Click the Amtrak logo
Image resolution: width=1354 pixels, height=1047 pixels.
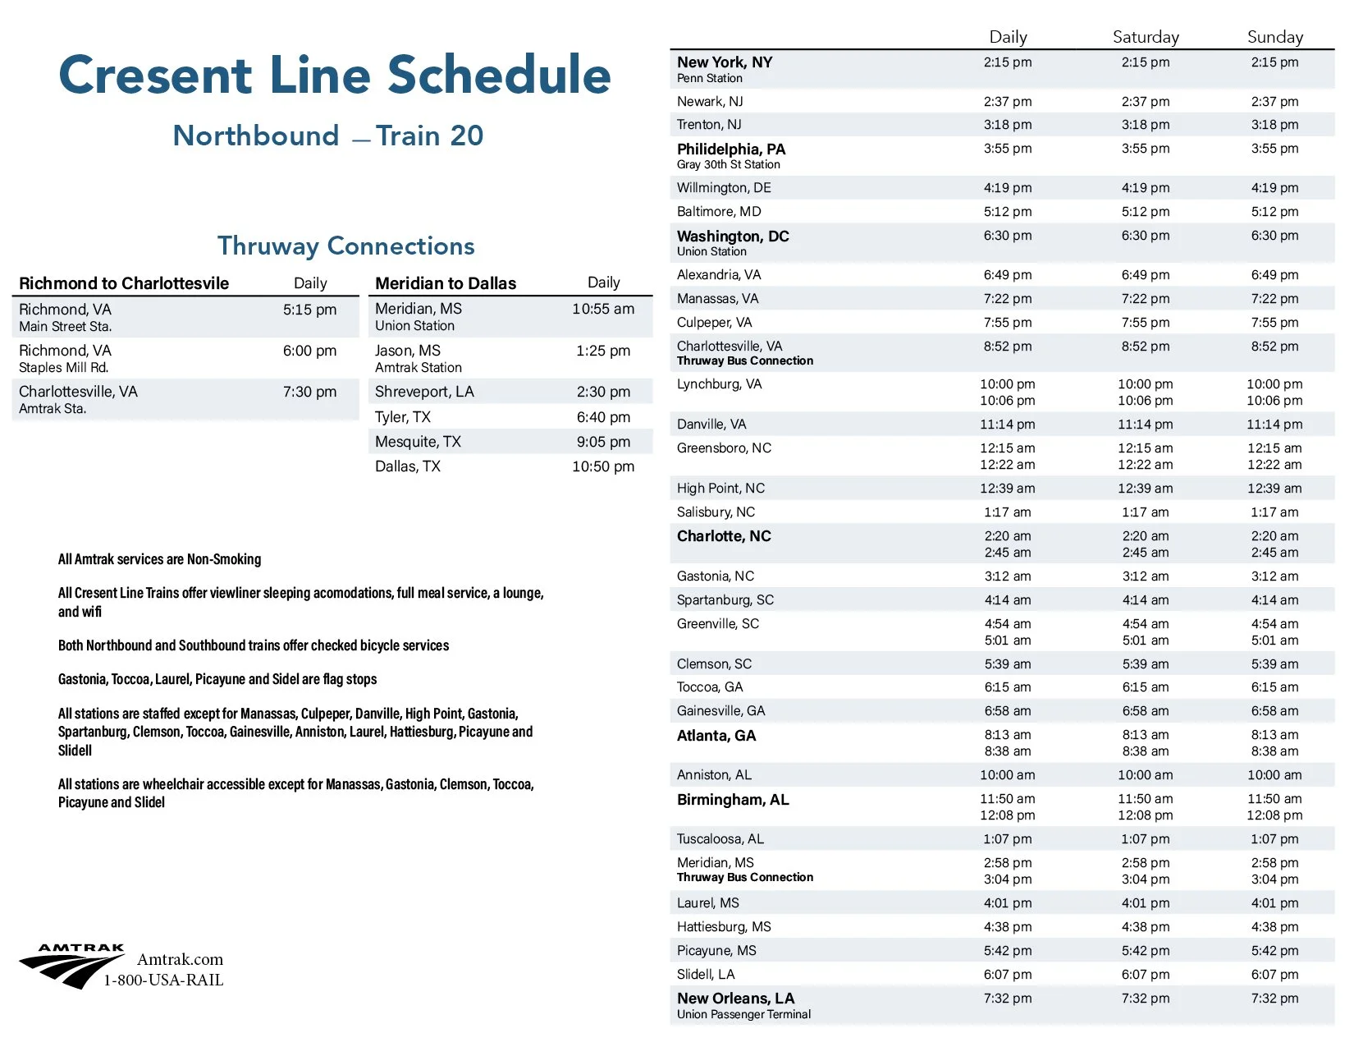71,966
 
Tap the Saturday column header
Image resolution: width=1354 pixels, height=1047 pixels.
1146,37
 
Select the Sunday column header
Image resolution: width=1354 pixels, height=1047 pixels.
1274,37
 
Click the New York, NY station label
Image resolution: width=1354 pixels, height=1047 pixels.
725,62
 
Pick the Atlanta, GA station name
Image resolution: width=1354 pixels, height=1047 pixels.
716,736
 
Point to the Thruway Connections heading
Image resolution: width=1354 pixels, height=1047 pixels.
345,246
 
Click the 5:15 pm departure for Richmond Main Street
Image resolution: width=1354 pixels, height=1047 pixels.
309,310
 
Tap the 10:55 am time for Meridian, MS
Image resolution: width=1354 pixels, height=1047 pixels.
603,309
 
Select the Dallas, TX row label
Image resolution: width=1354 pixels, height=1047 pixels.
408,466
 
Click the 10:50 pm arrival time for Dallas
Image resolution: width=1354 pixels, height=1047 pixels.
603,466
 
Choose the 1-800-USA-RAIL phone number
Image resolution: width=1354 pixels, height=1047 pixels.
163,980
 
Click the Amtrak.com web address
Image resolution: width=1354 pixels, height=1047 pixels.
180,959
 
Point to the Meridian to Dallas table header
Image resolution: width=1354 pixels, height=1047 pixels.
446,283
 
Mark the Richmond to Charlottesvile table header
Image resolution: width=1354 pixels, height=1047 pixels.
124,283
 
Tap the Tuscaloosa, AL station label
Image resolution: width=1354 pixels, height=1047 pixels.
720,838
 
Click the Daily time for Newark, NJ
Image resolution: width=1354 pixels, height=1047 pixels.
1008,102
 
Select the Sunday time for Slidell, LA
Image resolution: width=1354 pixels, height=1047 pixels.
1274,974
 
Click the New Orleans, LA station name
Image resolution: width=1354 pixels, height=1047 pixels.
735,999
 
